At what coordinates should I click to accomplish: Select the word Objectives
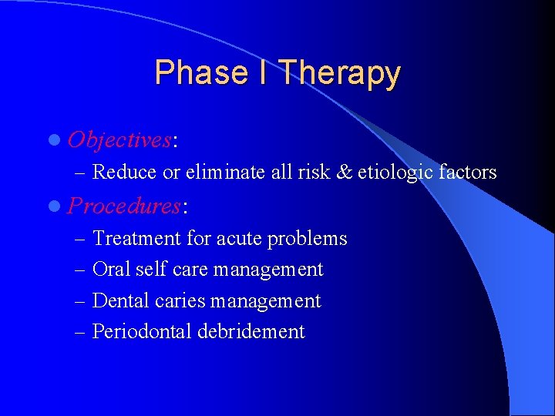tap(119, 139)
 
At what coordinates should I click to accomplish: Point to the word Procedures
tap(124, 206)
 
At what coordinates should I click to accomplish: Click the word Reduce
tap(125, 172)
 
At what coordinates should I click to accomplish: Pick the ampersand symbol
tap(344, 172)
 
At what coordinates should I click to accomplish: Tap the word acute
tap(239, 239)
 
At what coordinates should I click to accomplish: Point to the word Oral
tap(108, 270)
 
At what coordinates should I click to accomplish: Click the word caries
tap(180, 300)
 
